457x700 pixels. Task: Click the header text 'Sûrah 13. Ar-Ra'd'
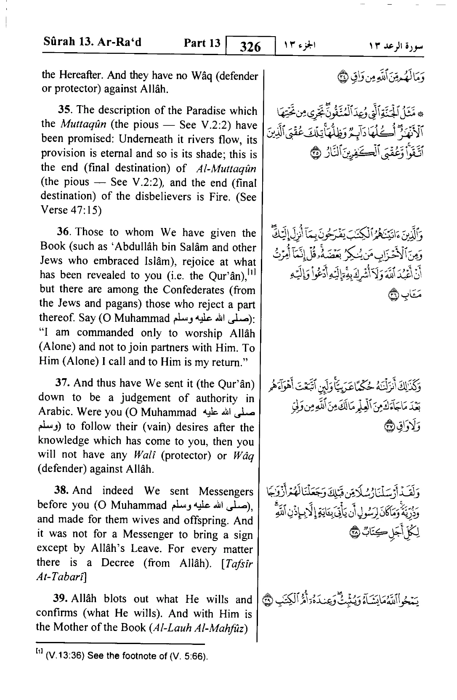(92, 43)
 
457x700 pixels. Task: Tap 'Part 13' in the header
(202, 43)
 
